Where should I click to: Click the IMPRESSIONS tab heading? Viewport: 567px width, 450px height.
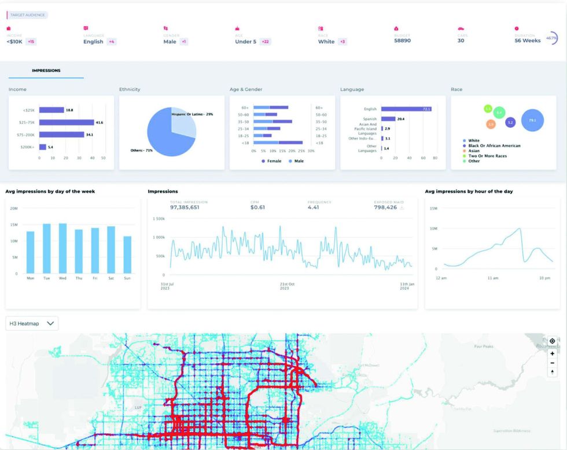pyautogui.click(x=46, y=71)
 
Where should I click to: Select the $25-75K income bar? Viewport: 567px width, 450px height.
pyautogui.click(x=67, y=123)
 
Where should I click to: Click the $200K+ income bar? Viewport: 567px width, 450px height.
pyautogui.click(x=42, y=147)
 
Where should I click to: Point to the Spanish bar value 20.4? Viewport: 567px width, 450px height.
pyautogui.click(x=400, y=119)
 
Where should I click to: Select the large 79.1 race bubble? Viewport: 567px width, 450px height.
pyautogui.click(x=532, y=120)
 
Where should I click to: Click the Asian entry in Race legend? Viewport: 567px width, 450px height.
pyautogui.click(x=473, y=151)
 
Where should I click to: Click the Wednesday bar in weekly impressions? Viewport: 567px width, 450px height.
pyautogui.click(x=62, y=249)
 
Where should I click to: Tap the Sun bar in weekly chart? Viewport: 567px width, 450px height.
pyautogui.click(x=127, y=255)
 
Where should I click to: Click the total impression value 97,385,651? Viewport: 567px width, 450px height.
pyautogui.click(x=185, y=207)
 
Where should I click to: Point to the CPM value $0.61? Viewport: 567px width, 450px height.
pyautogui.click(x=258, y=207)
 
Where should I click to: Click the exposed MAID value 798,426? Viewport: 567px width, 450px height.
pyautogui.click(x=385, y=207)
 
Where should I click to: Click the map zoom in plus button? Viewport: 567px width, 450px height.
pyautogui.click(x=552, y=353)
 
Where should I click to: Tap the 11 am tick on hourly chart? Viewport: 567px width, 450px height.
pyautogui.click(x=493, y=278)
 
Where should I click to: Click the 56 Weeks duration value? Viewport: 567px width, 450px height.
pyautogui.click(x=527, y=40)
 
